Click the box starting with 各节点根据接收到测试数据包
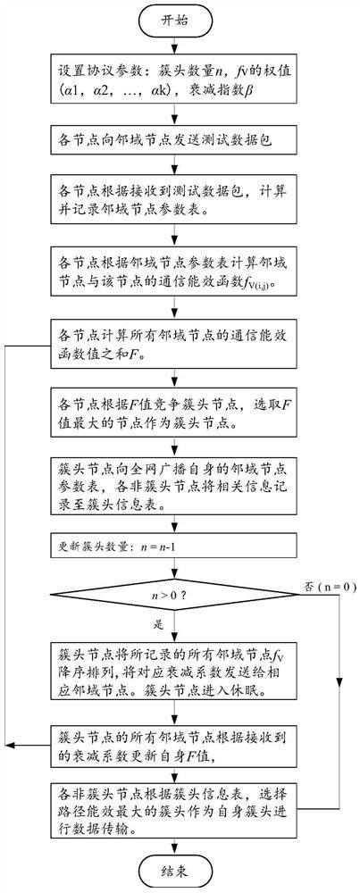[x=171, y=203]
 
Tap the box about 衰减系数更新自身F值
[x=171, y=742]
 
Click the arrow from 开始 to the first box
[x=171, y=46]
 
